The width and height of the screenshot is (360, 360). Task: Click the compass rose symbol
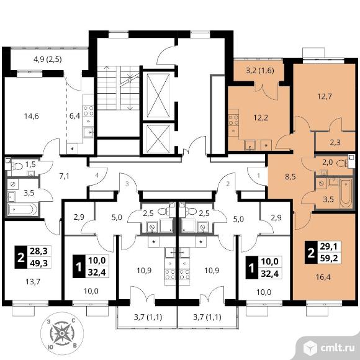pyautogui.click(x=62, y=333)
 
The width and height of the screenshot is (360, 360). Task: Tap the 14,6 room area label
pyautogui.click(x=32, y=116)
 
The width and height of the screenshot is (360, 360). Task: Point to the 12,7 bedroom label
pyautogui.click(x=325, y=96)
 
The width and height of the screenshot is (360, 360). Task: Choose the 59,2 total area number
pyautogui.click(x=330, y=258)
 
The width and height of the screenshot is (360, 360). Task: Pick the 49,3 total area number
pyautogui.click(x=39, y=263)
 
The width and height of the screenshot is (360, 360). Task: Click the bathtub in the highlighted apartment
pyautogui.click(x=346, y=193)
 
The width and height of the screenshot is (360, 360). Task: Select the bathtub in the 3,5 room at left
pyautogui.click(x=22, y=209)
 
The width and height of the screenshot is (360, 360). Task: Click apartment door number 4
pyautogui.click(x=97, y=176)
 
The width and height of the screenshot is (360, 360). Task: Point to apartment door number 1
pyautogui.click(x=259, y=176)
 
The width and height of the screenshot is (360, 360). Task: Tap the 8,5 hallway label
pyautogui.click(x=290, y=177)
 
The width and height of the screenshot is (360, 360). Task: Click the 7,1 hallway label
pyautogui.click(x=64, y=176)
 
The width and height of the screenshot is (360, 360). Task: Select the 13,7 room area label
pyautogui.click(x=33, y=282)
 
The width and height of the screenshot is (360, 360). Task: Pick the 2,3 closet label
pyautogui.click(x=335, y=143)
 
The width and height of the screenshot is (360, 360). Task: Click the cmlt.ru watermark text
pyautogui.click(x=336, y=348)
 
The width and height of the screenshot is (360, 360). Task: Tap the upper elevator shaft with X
pyautogui.click(x=158, y=96)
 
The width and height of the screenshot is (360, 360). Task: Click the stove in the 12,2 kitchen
pyautogui.click(x=233, y=120)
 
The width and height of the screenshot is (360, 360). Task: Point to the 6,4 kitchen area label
pyautogui.click(x=75, y=115)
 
